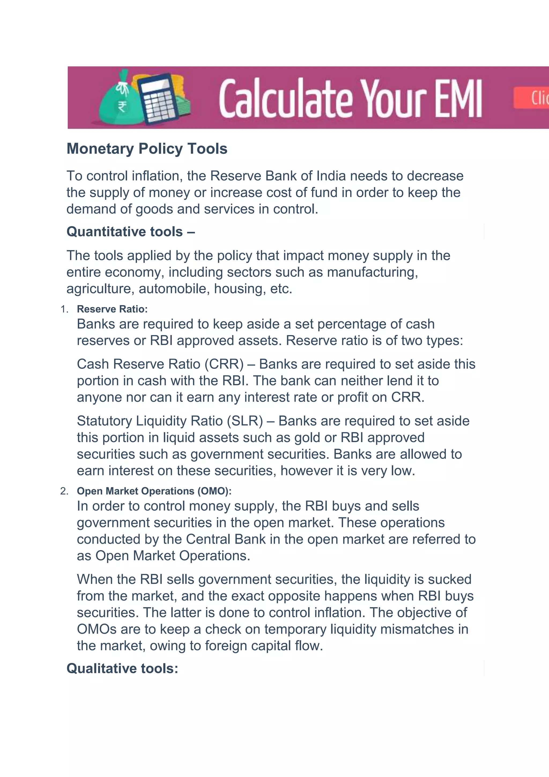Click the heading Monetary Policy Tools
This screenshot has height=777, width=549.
(147, 149)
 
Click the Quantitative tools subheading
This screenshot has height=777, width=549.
(131, 232)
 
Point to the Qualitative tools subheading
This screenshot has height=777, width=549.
(122, 668)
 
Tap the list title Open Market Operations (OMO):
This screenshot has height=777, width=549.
(154, 491)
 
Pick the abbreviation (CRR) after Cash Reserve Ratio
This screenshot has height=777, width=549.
(224, 364)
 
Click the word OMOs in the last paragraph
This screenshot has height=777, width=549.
(96, 629)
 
